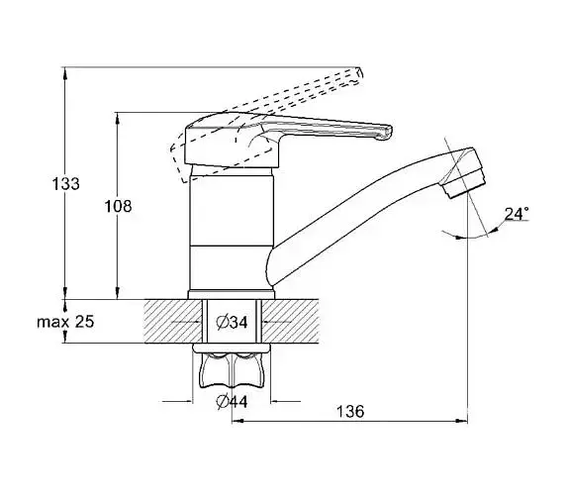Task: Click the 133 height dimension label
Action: click(65, 184)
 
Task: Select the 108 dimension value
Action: click(118, 207)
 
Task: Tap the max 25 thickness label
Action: click(65, 322)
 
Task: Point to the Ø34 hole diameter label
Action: click(232, 322)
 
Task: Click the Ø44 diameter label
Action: click(232, 402)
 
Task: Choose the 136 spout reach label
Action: click(350, 411)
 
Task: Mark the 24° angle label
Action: click(517, 214)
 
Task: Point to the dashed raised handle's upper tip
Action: click(359, 73)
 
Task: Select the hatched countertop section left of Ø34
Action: click(173, 321)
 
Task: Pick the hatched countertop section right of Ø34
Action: click(290, 321)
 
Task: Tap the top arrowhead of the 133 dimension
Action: click(65, 73)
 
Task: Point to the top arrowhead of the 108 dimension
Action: click(118, 118)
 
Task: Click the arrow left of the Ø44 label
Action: click(177, 401)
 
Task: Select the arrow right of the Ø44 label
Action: click(286, 401)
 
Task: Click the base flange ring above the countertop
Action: click(232, 295)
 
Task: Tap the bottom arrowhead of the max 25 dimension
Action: click(65, 338)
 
